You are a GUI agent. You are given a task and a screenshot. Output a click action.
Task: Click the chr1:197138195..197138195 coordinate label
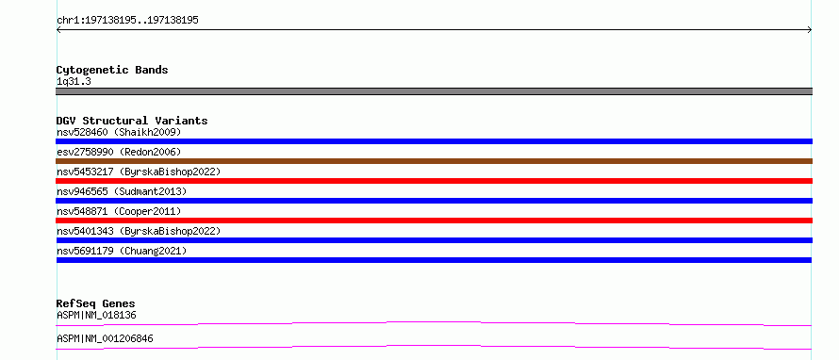(127, 21)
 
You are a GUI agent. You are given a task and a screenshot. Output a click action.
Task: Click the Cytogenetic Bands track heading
(112, 70)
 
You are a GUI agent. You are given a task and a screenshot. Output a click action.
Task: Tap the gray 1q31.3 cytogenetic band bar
(434, 91)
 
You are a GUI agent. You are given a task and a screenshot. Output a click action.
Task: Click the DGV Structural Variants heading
(132, 121)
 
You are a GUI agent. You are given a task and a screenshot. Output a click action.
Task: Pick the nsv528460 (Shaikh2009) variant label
(119, 132)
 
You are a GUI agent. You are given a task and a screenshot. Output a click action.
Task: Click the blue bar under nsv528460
(434, 141)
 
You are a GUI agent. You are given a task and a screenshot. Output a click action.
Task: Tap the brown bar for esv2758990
(434, 161)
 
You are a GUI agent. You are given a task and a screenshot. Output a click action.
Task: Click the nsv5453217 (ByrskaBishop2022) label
(139, 172)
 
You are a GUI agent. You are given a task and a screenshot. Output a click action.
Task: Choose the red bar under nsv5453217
(434, 181)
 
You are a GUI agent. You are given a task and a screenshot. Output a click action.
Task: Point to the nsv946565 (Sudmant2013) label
(122, 191)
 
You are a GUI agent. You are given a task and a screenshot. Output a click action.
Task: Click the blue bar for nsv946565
(434, 201)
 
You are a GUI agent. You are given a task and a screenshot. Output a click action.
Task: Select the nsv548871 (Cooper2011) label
(119, 211)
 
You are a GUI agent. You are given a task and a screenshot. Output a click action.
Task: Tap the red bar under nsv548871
(434, 221)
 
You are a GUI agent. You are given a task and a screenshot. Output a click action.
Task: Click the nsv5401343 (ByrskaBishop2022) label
(139, 231)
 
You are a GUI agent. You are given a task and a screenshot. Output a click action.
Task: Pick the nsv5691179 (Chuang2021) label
(122, 251)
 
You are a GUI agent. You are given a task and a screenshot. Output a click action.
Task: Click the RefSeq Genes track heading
(96, 304)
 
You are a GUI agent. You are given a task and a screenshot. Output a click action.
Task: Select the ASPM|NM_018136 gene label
(96, 316)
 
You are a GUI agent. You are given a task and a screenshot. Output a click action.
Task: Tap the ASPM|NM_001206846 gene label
(105, 339)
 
